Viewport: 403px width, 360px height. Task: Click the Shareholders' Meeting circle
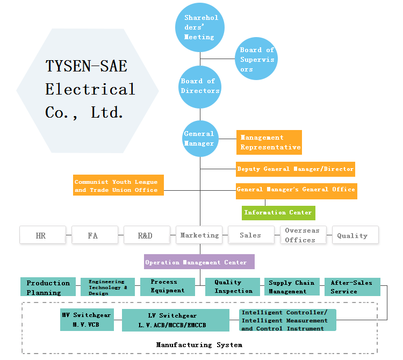[x=199, y=28]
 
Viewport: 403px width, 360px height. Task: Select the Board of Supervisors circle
[x=257, y=59]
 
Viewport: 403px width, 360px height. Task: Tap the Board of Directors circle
[x=200, y=86]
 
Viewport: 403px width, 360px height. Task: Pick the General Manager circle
[x=200, y=139]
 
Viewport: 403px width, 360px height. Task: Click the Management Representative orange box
[x=269, y=142]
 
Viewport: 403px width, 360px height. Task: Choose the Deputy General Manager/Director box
[x=296, y=169]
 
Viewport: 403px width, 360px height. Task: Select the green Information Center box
[x=278, y=213]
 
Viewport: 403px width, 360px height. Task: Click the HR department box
[x=41, y=235]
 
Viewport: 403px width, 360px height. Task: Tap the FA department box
[x=93, y=235]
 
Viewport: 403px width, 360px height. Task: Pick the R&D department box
[x=145, y=235]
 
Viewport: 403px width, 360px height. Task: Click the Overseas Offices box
[x=303, y=235]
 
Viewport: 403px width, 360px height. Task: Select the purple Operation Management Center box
[x=199, y=262]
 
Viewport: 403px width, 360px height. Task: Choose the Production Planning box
[x=48, y=287]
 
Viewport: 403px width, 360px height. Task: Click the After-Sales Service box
[x=352, y=287]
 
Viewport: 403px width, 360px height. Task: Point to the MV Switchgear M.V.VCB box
[x=86, y=320]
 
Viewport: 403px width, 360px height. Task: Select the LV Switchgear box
[x=172, y=321]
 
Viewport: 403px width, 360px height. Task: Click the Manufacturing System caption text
[x=199, y=344]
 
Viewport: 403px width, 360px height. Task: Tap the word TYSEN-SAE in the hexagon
[x=86, y=66]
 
